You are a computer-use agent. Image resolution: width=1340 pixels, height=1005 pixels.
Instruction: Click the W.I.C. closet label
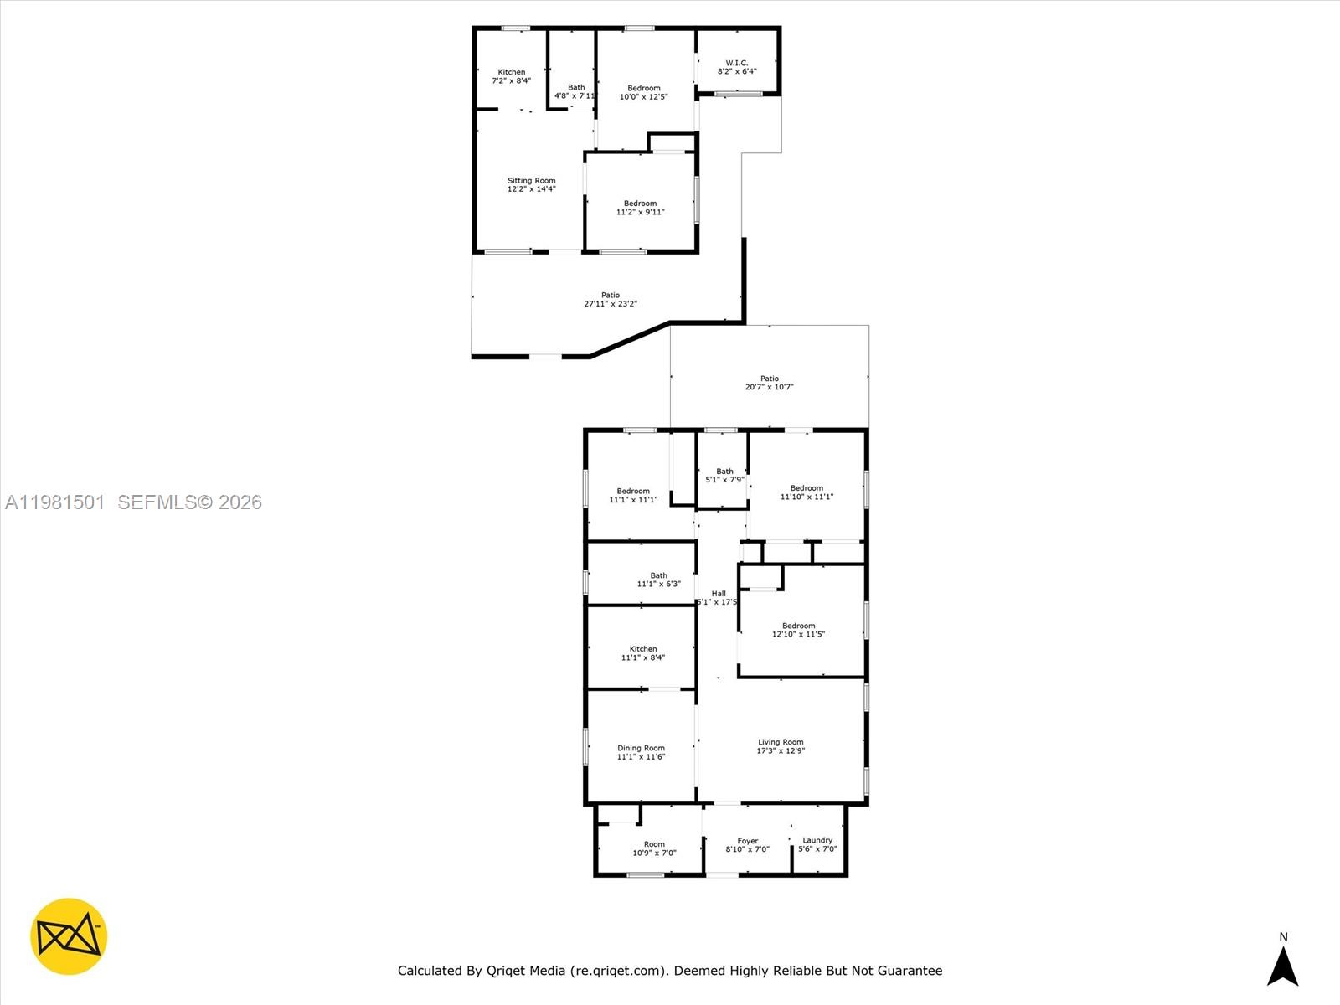pyautogui.click(x=736, y=63)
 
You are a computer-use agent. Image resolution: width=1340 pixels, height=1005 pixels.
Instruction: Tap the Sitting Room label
pyautogui.click(x=531, y=181)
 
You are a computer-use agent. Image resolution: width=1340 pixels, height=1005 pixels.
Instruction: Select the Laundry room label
pyautogui.click(x=817, y=840)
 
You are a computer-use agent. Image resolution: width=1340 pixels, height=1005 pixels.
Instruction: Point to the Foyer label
pyautogui.click(x=747, y=841)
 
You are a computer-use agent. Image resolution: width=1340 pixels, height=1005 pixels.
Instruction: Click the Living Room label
pyautogui.click(x=781, y=742)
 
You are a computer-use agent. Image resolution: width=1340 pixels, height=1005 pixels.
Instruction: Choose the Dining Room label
pyautogui.click(x=641, y=748)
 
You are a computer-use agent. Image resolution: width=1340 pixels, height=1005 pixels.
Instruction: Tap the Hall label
pyautogui.click(x=719, y=593)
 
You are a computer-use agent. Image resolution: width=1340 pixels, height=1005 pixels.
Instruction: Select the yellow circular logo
pyautogui.click(x=69, y=936)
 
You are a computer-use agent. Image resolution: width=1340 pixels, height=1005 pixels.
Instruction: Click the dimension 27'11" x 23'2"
pyautogui.click(x=611, y=304)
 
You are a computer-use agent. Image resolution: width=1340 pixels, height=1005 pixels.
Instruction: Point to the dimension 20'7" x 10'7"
pyautogui.click(x=769, y=387)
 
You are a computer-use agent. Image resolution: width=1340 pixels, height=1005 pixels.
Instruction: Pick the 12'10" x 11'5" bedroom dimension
pyautogui.click(x=798, y=634)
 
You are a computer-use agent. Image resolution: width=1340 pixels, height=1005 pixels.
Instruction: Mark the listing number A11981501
pyautogui.click(x=55, y=502)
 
